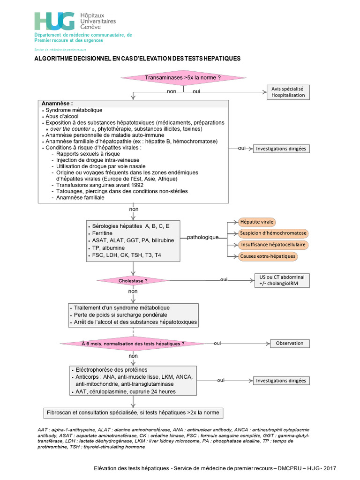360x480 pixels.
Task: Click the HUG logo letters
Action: tap(54, 21)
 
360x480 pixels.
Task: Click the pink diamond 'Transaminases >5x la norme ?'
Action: tap(183, 78)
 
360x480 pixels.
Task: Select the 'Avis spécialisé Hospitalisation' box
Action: tap(288, 92)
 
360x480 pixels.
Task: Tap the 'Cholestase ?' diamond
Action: tap(133, 281)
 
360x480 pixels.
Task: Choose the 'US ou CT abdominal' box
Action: tap(282, 280)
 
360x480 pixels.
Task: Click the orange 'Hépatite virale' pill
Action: tap(257, 222)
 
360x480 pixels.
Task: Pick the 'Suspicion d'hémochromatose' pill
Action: tap(273, 233)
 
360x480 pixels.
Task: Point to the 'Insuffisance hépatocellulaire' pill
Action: tap(273, 245)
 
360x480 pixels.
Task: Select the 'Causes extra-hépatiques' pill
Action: tap(268, 256)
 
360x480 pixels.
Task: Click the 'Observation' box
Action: tap(290, 344)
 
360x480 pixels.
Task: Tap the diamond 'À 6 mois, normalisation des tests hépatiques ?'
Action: tap(133, 344)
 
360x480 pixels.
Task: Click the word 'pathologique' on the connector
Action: tap(202, 237)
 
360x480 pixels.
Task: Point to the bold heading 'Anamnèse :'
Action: tap(57, 104)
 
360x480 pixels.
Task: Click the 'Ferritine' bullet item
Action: tap(102, 233)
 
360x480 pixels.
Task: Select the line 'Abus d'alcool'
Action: tap(62, 116)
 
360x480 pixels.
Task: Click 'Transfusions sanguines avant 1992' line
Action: tap(100, 185)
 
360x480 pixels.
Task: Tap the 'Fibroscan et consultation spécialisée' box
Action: tap(133, 413)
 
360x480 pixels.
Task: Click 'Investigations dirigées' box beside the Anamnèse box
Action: tap(281, 149)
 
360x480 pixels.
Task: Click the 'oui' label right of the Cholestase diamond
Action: tap(224, 279)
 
